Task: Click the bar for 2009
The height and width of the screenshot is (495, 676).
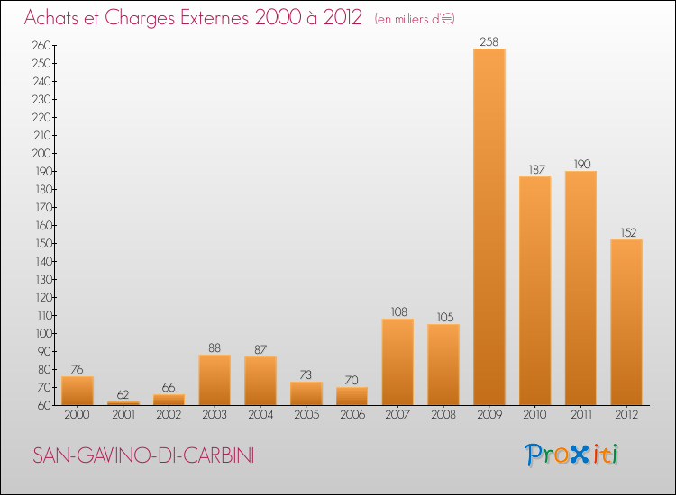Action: (489, 227)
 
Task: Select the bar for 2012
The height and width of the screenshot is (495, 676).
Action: (626, 322)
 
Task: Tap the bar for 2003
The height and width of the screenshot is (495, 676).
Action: (215, 380)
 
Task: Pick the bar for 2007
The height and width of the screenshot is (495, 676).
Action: (397, 362)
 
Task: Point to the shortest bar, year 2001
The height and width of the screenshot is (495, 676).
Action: (123, 402)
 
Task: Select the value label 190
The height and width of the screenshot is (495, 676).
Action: (580, 164)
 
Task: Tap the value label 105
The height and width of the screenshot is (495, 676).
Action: (443, 317)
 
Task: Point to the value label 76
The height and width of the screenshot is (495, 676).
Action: (78, 369)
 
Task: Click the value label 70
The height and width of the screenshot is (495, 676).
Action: (352, 380)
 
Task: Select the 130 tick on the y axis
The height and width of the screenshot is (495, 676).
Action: (40, 279)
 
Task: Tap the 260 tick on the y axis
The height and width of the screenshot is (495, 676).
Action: (40, 45)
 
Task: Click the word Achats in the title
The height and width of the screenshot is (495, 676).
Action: (55, 18)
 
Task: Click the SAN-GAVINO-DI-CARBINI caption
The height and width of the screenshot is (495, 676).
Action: (143, 455)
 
